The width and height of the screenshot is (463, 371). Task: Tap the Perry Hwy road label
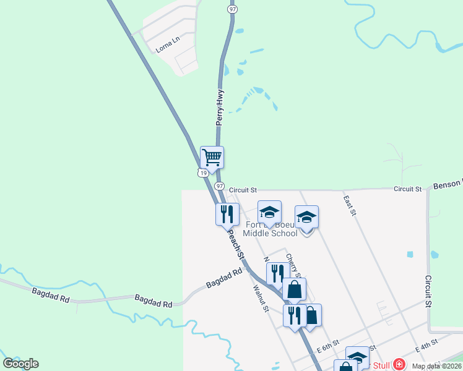[220, 108]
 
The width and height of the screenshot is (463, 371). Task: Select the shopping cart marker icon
[212, 157]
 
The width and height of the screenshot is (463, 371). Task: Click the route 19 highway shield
[203, 173]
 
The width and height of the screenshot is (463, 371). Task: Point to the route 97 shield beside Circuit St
[220, 185]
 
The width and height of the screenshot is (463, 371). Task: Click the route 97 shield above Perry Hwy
[232, 10]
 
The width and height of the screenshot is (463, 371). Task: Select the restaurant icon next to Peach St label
[227, 214]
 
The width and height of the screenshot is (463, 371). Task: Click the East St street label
[350, 204]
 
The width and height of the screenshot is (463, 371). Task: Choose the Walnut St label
[259, 297]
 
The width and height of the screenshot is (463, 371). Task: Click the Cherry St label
[293, 265]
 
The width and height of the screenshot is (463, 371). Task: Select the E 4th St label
[426, 344]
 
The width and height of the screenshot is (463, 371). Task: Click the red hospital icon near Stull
[399, 364]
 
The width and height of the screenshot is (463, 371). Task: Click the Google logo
[20, 364]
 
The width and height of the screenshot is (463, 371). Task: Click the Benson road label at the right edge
[448, 184]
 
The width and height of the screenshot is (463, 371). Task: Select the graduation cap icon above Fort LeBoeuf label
[269, 212]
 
